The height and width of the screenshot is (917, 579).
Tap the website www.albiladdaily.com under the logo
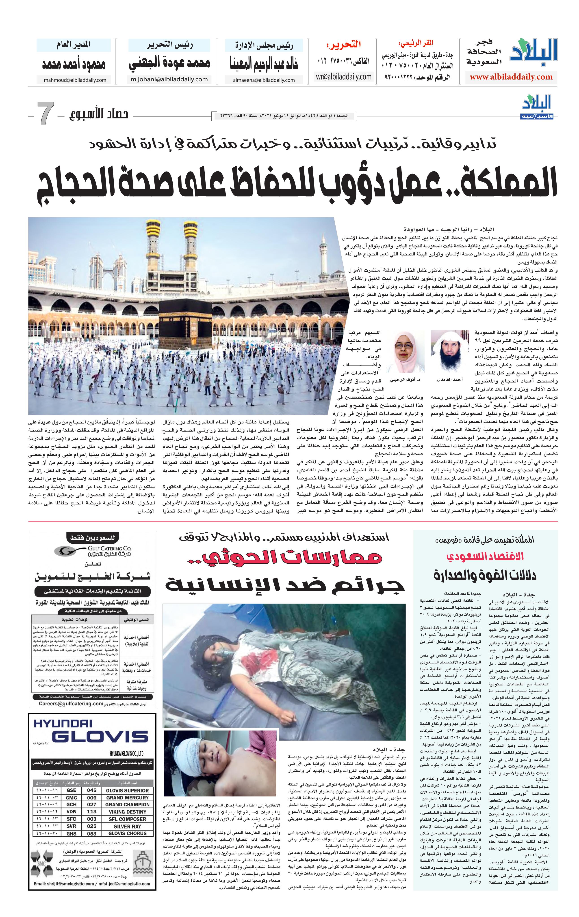click(511, 77)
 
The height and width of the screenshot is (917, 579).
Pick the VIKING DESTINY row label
click(127, 812)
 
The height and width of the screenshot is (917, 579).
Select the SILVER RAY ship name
click(127, 826)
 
